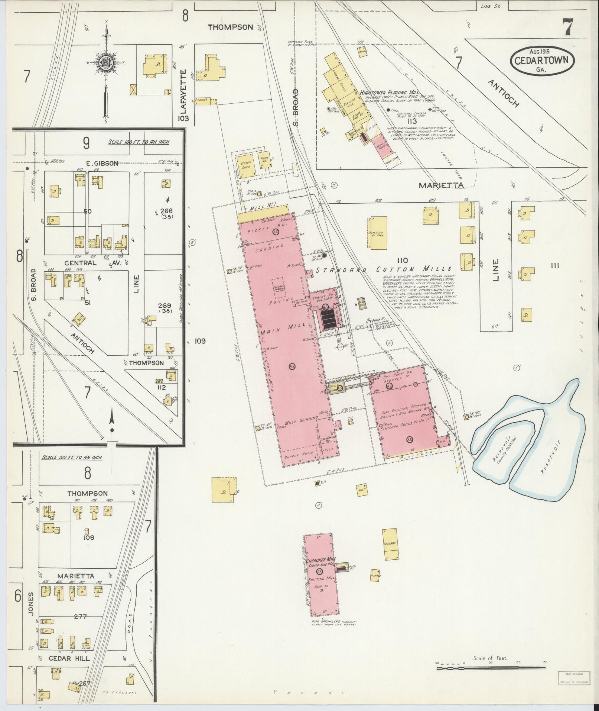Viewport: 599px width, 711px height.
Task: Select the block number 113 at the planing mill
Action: pyautogui.click(x=411, y=121)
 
